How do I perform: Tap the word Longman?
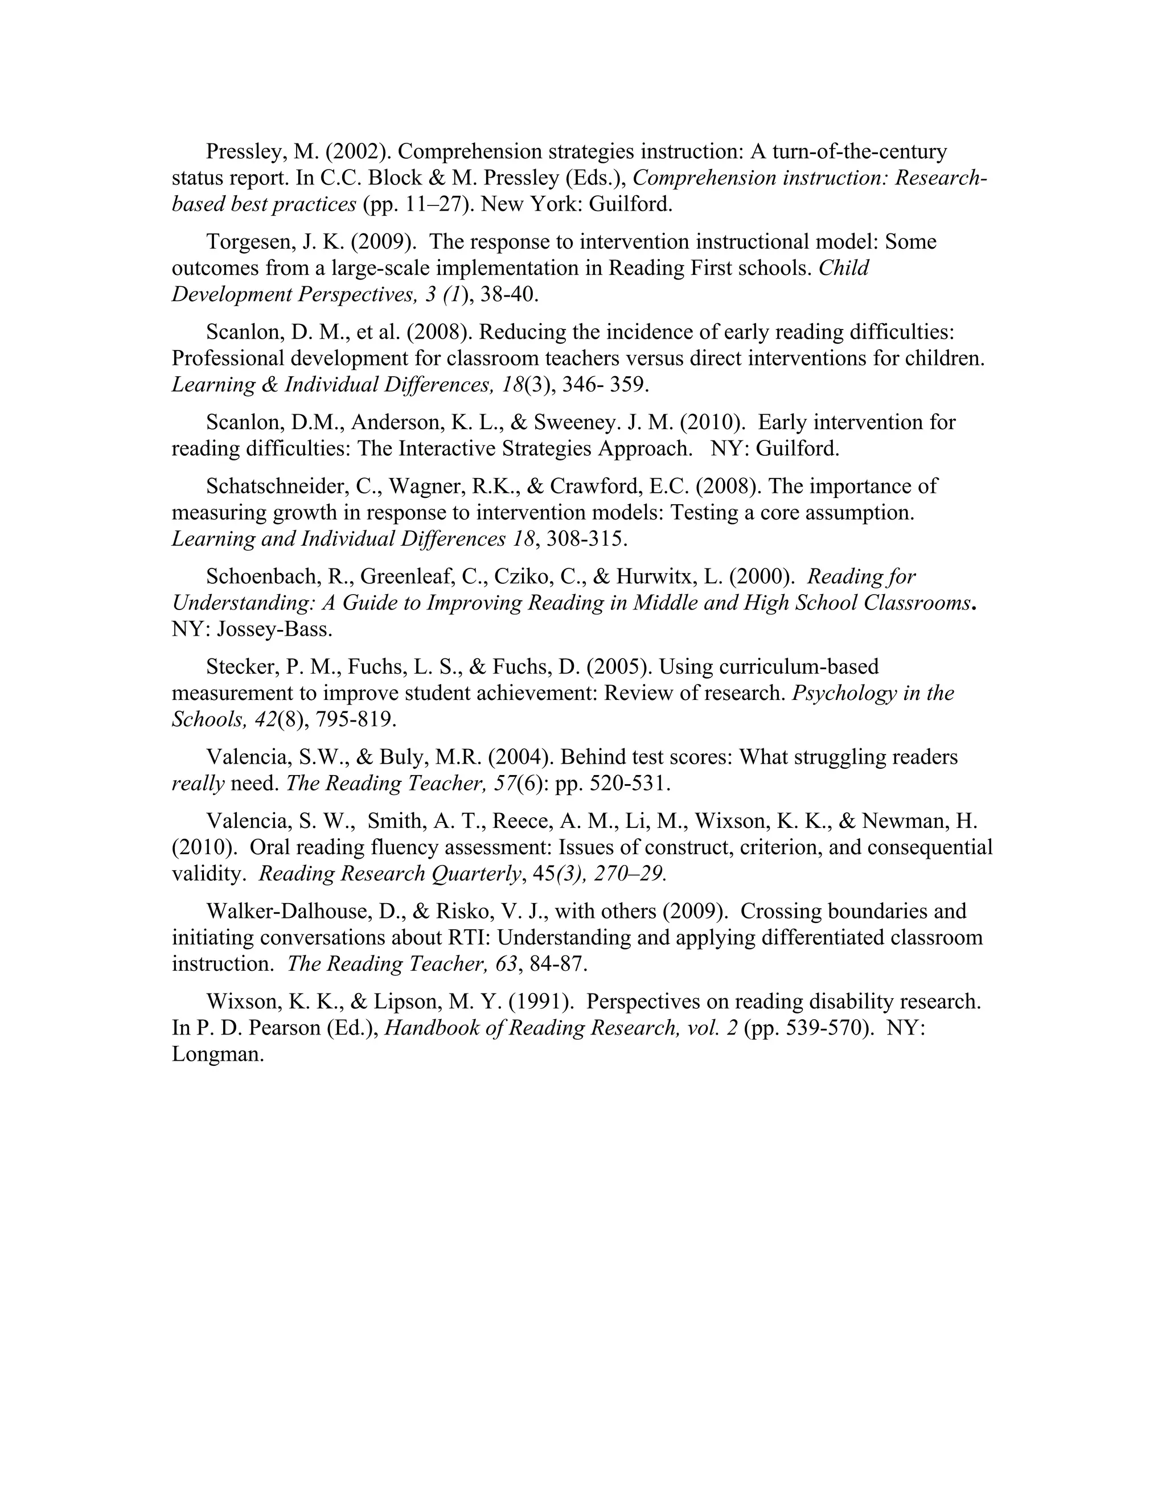coord(217,1055)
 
